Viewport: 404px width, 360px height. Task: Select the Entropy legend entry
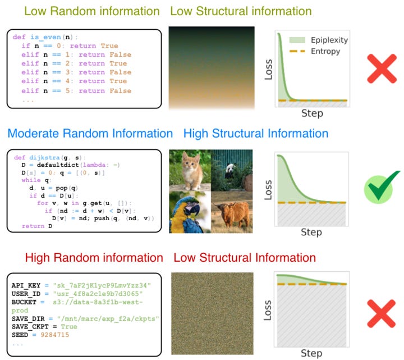(318, 52)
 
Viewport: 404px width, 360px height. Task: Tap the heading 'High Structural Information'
(256, 134)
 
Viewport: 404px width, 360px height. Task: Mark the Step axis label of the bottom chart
(311, 353)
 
